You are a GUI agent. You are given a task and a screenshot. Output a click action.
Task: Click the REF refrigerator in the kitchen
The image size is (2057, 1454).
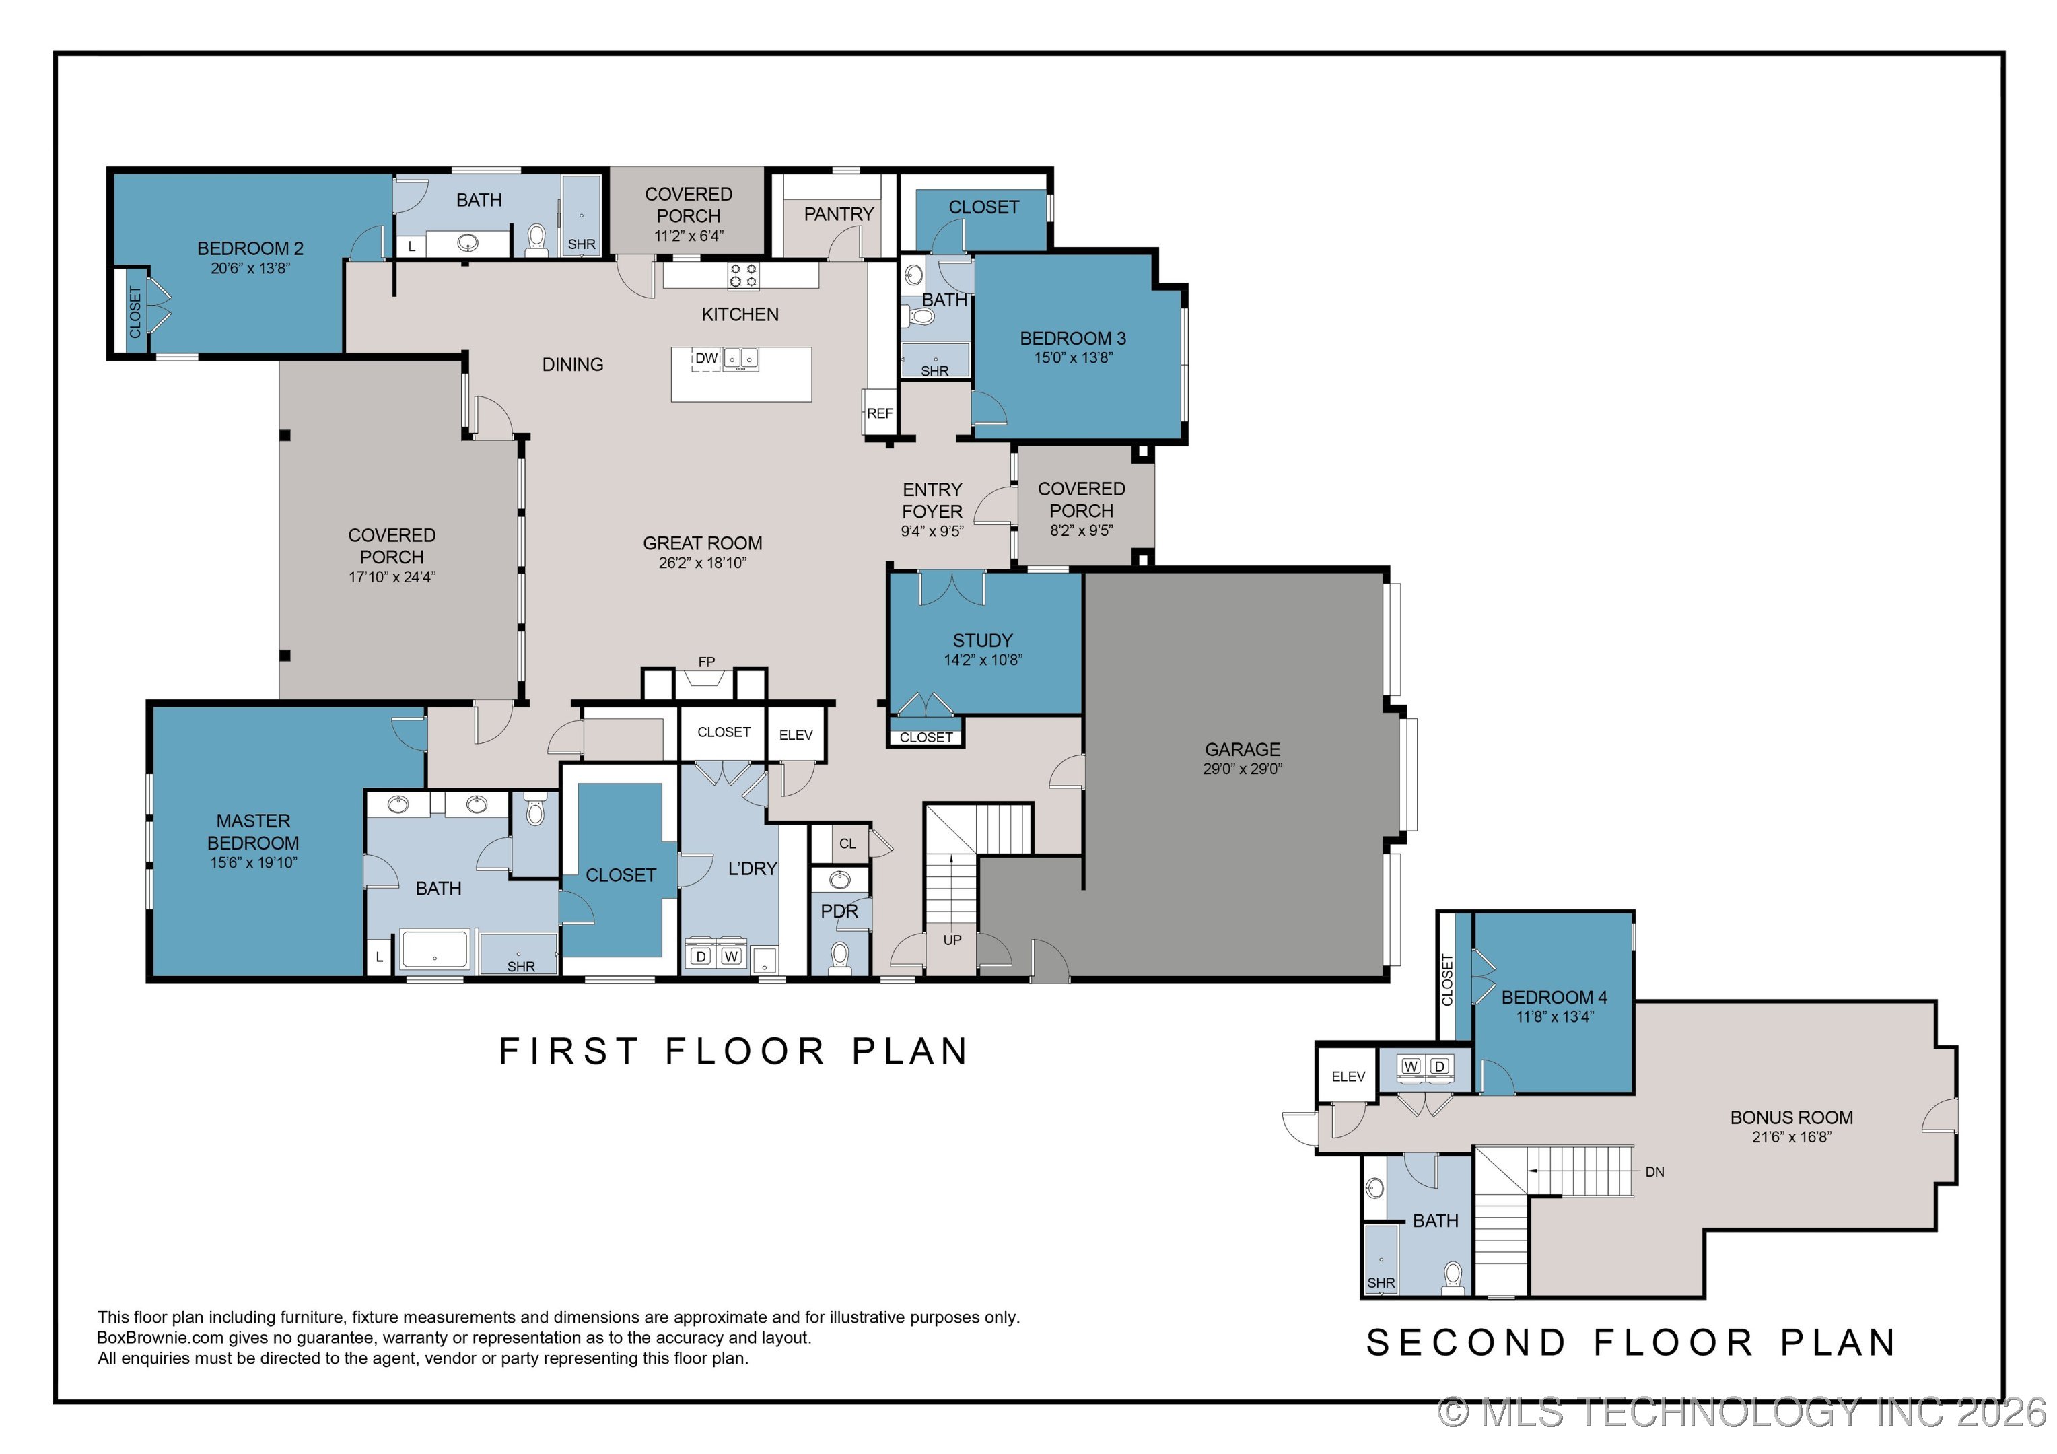879,413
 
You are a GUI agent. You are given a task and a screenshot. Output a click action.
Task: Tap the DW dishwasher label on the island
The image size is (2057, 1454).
707,358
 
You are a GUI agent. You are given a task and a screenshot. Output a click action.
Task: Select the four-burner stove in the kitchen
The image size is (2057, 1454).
742,275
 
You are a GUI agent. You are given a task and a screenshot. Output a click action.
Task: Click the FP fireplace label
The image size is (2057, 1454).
707,662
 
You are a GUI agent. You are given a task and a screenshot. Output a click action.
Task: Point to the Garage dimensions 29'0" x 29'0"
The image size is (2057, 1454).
1243,769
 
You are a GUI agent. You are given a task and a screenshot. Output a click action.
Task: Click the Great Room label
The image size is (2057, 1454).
703,543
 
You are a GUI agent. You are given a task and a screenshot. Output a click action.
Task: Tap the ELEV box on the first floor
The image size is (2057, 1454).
796,734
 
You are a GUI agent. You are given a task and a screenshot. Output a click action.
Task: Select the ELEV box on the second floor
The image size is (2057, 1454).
1348,1076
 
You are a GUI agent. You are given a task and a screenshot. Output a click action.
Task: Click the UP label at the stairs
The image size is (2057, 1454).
952,940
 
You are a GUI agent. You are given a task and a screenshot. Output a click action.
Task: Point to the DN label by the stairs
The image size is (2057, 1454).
1654,1172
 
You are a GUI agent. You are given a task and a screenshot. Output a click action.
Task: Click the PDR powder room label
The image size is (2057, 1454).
839,911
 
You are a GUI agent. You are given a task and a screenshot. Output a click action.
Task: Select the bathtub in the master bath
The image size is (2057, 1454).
435,950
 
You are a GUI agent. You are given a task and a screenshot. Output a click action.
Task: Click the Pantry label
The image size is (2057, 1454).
839,214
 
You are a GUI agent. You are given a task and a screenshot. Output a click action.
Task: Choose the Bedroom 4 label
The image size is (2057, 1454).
1554,997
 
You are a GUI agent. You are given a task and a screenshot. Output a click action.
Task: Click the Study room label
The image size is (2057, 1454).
983,641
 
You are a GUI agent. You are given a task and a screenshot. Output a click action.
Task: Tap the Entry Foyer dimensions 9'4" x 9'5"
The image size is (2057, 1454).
932,531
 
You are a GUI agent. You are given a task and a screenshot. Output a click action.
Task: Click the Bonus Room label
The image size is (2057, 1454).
1792,1117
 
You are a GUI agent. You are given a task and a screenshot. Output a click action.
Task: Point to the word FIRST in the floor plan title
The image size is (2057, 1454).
568,1051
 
